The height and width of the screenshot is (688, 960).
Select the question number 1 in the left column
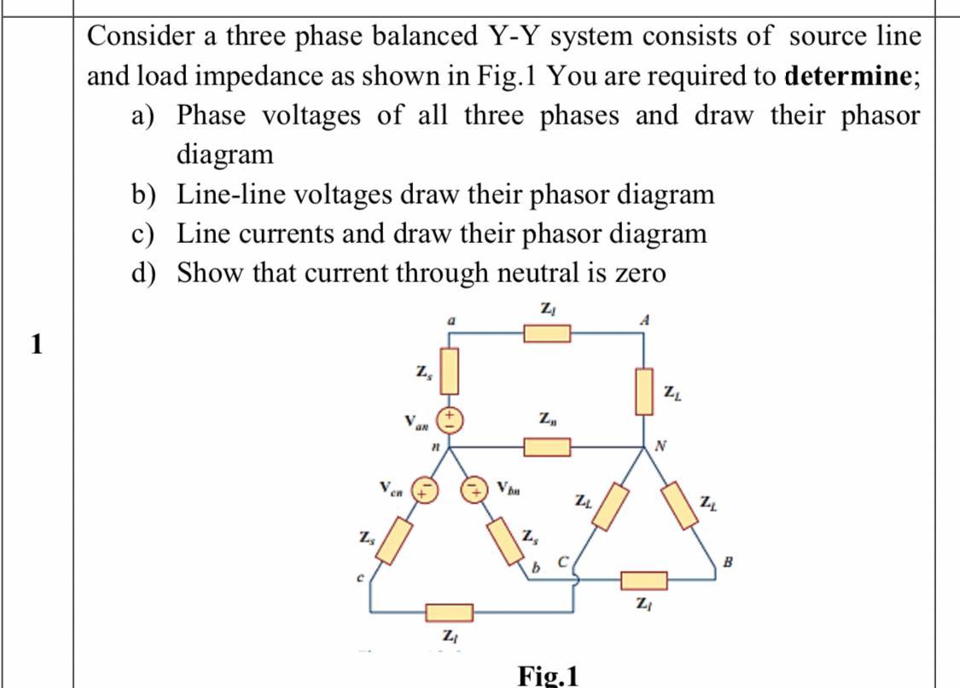tap(35, 344)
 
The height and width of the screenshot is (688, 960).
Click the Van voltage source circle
tap(450, 419)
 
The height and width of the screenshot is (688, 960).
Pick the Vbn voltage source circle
tap(474, 489)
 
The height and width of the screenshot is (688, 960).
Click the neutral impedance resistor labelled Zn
tap(546, 446)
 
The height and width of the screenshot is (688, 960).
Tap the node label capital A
tap(645, 320)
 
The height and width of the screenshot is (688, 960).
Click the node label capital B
tap(728, 561)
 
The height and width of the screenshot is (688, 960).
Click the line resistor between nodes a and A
tap(546, 332)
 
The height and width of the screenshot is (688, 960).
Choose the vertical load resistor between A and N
tap(644, 390)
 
